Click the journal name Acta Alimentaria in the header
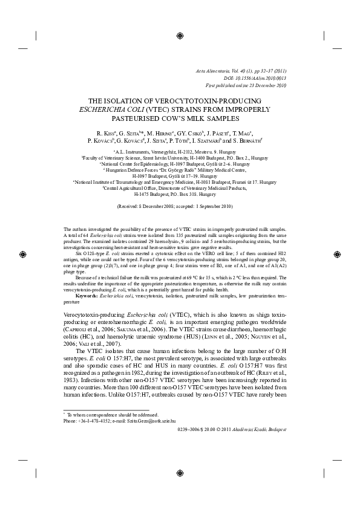click(223, 72)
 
